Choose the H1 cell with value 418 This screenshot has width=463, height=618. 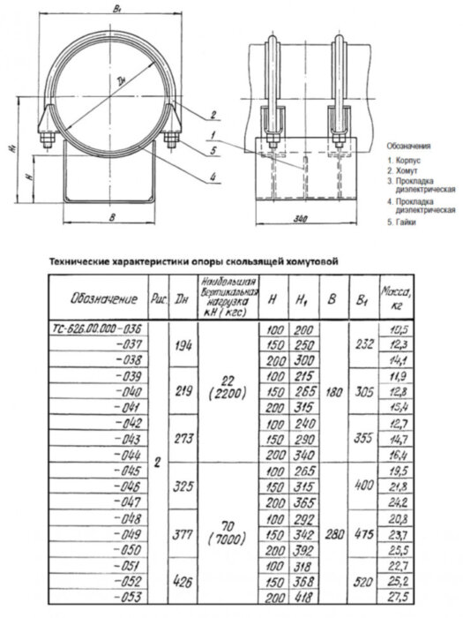coord(304,598)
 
